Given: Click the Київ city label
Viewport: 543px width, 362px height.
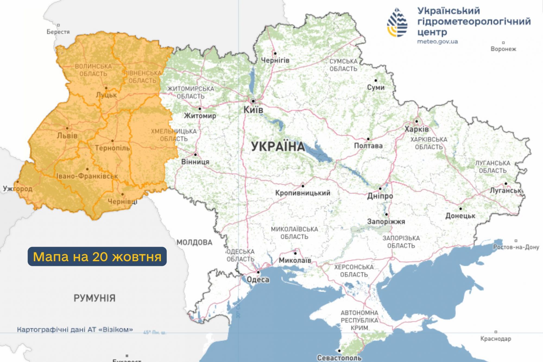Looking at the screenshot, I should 253,110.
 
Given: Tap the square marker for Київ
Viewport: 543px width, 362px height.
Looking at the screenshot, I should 253,101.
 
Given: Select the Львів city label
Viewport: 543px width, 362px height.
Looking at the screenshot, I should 67,136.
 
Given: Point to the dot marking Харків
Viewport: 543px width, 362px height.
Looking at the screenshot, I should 416,121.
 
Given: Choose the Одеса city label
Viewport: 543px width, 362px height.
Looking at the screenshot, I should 258,279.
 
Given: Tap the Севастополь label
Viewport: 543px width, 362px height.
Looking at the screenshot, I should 339,358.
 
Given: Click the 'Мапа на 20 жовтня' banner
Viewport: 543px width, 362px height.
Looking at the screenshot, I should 97,256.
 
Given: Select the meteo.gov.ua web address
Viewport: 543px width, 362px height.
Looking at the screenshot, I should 437,42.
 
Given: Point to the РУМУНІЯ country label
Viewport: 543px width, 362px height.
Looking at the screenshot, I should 94,298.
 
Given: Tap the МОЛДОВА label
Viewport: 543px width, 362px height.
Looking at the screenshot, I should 194,242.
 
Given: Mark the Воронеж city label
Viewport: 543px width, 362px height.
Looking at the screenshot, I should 503,49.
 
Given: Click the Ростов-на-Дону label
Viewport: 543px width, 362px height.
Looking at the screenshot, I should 516,247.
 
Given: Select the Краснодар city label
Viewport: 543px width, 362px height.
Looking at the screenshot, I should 495,339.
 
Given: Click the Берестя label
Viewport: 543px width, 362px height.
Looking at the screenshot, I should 58,32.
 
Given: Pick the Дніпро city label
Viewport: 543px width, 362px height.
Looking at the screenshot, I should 380,196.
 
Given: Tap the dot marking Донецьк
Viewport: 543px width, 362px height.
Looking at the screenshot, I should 460,209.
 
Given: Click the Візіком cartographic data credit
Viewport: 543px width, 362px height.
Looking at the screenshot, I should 75,330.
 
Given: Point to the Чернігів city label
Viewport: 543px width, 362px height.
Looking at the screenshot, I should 275,60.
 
